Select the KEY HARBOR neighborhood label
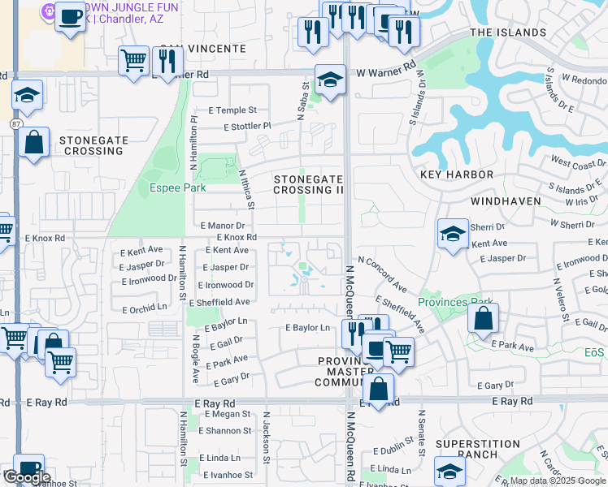click(457, 175)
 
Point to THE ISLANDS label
click(508, 32)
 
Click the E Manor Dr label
click(222, 225)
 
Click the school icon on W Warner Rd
click(330, 80)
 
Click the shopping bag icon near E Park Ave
click(483, 320)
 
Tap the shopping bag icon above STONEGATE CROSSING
click(34, 143)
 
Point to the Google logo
click(26, 477)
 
